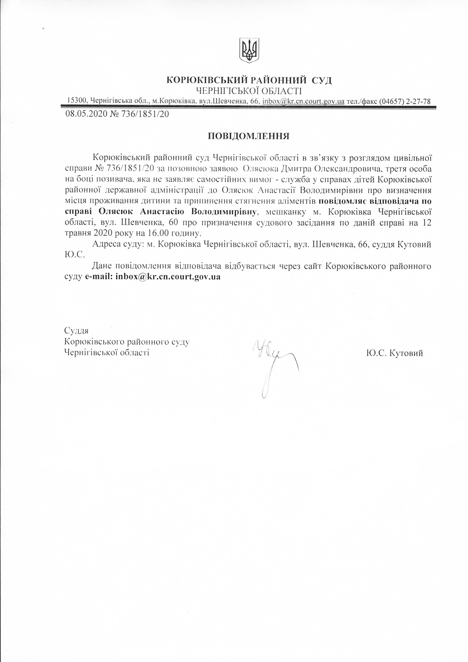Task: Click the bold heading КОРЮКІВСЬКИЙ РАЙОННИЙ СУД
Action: pos(249,80)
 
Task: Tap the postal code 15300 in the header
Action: pos(76,101)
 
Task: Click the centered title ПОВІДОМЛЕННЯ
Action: pos(249,136)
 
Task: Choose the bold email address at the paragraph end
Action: pos(168,277)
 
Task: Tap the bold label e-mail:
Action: pos(99,277)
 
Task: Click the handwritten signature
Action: pos(274,363)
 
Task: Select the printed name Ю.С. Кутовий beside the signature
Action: pos(394,352)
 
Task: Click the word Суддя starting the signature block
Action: pos(76,331)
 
